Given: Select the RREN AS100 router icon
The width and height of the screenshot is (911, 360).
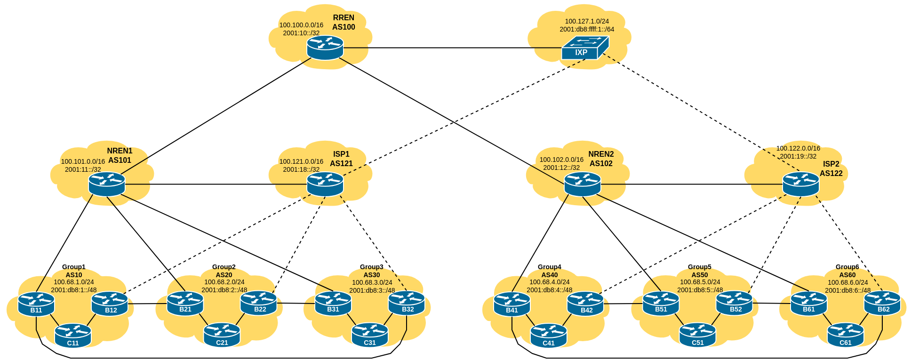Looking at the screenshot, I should point(325,48).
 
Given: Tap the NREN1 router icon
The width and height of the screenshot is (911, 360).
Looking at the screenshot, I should point(107,184).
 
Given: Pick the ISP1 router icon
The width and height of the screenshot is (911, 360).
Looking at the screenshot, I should point(325,184).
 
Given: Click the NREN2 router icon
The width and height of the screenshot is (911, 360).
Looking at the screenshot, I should point(583,184).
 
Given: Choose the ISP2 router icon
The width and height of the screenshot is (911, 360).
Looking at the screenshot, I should point(801,184).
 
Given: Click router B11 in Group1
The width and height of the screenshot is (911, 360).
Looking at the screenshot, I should point(36,304).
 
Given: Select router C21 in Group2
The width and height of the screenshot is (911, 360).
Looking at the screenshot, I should point(222,335).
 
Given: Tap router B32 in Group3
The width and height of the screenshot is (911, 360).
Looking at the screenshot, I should point(407,303).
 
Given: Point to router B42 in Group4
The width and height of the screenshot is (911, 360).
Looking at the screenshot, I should point(585,304).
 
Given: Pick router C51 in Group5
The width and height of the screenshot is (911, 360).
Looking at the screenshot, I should point(697,335).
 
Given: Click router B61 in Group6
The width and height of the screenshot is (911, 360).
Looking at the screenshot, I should point(809,304).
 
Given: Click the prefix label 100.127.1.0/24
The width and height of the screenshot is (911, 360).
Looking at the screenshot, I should point(587,21).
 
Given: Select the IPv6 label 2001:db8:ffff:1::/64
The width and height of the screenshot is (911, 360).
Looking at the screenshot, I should point(587,29).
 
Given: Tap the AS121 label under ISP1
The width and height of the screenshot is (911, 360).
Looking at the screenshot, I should point(341,164).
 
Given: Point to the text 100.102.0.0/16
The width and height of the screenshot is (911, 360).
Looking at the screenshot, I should point(561,160).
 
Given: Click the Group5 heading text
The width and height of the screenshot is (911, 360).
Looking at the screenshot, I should point(700,267).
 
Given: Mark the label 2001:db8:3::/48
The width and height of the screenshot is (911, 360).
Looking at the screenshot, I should point(372,290).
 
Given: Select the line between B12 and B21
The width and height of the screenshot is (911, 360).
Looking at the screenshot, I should point(147,304).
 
